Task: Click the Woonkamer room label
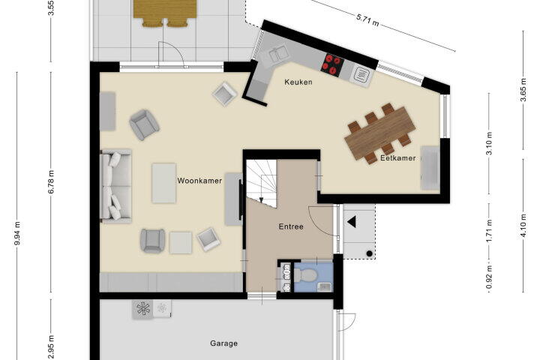[x=199, y=181]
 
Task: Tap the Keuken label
[x=298, y=82]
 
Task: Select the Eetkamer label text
[x=397, y=158]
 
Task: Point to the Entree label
[x=291, y=226]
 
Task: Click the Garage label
[x=223, y=343]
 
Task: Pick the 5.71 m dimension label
[x=367, y=21]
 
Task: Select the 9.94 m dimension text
[x=17, y=233]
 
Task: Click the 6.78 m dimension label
[x=51, y=182]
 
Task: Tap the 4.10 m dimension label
[x=523, y=225]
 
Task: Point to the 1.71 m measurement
[x=489, y=231]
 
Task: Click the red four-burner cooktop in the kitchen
[x=332, y=64]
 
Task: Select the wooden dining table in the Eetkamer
[x=380, y=133]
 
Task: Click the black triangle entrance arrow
[x=351, y=222]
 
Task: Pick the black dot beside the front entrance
[x=369, y=253]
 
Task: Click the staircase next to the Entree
[x=262, y=183]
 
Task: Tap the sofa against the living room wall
[x=115, y=186]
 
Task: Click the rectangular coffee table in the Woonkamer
[x=164, y=183]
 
